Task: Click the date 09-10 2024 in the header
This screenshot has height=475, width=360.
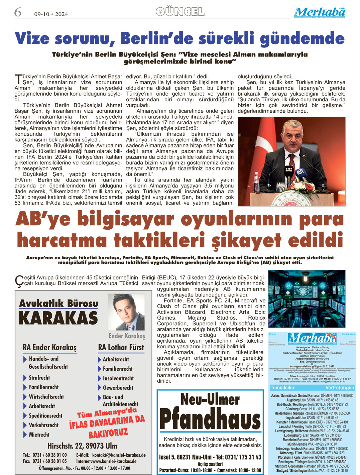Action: coord(51,14)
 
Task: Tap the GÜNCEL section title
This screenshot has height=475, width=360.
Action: coord(180,12)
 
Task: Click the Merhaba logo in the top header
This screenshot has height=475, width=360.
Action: coord(320,12)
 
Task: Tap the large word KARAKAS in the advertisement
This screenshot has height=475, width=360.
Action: coord(58,318)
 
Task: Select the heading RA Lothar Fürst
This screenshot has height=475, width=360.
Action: coord(121,348)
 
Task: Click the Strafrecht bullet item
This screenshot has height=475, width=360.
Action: coord(39,378)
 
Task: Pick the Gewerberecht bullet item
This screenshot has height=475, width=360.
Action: coord(118,388)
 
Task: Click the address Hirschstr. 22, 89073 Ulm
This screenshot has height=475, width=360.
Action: coord(82,446)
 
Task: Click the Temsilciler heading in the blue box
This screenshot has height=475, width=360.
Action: coord(282,388)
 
